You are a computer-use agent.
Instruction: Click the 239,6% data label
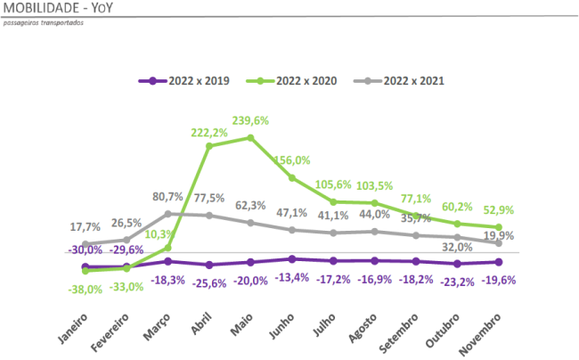coord(250,120)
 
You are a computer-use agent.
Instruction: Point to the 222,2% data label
coord(209,132)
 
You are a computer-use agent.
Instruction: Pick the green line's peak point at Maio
coord(250,137)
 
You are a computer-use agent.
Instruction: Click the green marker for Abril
coord(209,146)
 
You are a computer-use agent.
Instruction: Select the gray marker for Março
coord(168,214)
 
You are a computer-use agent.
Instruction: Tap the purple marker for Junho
coord(292,258)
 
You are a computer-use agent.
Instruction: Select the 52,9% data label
coord(499,209)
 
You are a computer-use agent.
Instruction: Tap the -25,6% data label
coord(209,282)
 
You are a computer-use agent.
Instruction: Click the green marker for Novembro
coord(499,227)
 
